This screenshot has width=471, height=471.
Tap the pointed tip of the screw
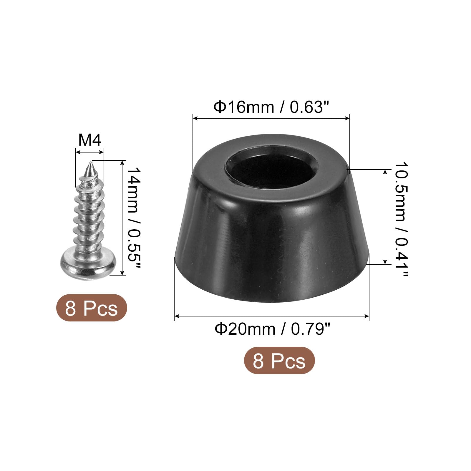point(89,161)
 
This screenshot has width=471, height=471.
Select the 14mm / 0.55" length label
point(134,218)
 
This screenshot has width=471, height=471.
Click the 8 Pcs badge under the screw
point(92,308)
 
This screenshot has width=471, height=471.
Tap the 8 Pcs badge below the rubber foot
point(279,361)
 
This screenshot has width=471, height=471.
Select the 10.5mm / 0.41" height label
point(401,219)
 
